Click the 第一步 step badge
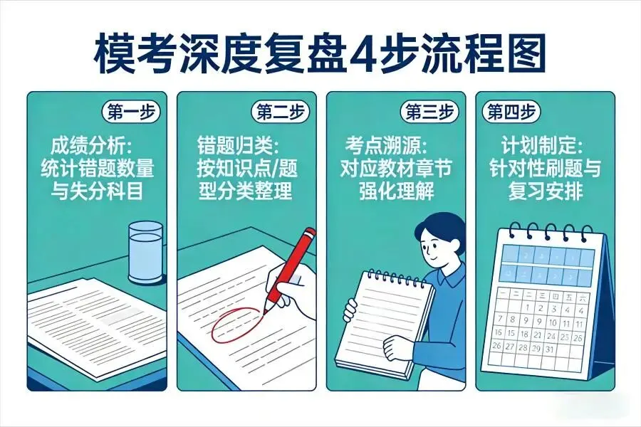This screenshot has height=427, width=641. tap(131, 112)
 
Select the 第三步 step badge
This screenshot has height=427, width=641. tap(430, 112)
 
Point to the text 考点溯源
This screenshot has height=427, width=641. tap(382, 147)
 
